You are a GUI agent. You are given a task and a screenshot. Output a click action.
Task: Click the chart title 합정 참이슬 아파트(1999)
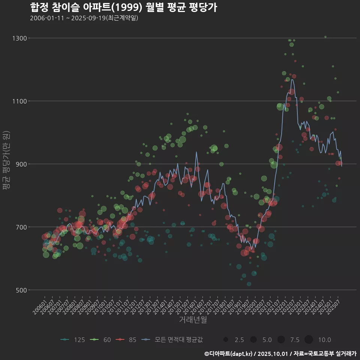(x=123, y=7)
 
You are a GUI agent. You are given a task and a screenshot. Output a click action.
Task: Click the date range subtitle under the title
(x=84, y=18)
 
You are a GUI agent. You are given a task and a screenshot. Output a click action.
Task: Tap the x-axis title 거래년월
(x=193, y=320)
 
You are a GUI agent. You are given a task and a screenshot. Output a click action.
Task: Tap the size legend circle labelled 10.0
(x=309, y=340)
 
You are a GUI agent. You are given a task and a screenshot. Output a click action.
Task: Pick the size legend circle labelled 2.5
(x=225, y=340)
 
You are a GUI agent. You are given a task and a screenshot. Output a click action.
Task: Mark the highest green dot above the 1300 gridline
(x=325, y=37)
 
